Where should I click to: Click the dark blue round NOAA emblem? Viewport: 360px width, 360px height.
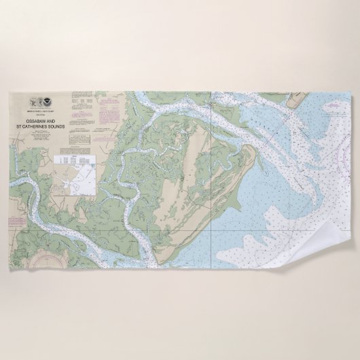(x=46, y=103)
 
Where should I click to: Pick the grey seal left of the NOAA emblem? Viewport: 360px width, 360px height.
(x=34, y=103)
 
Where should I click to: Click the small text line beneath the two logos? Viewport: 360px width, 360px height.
(x=40, y=111)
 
